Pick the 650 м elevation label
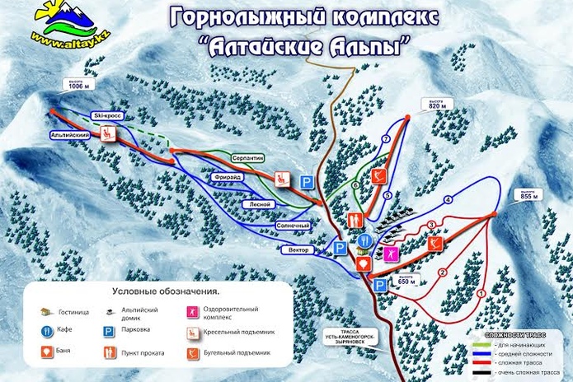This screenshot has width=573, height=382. (x=405, y=280)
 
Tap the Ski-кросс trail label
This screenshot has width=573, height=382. (x=107, y=116)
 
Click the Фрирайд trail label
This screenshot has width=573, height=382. (x=228, y=175)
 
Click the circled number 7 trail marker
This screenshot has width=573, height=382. (x=386, y=139)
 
